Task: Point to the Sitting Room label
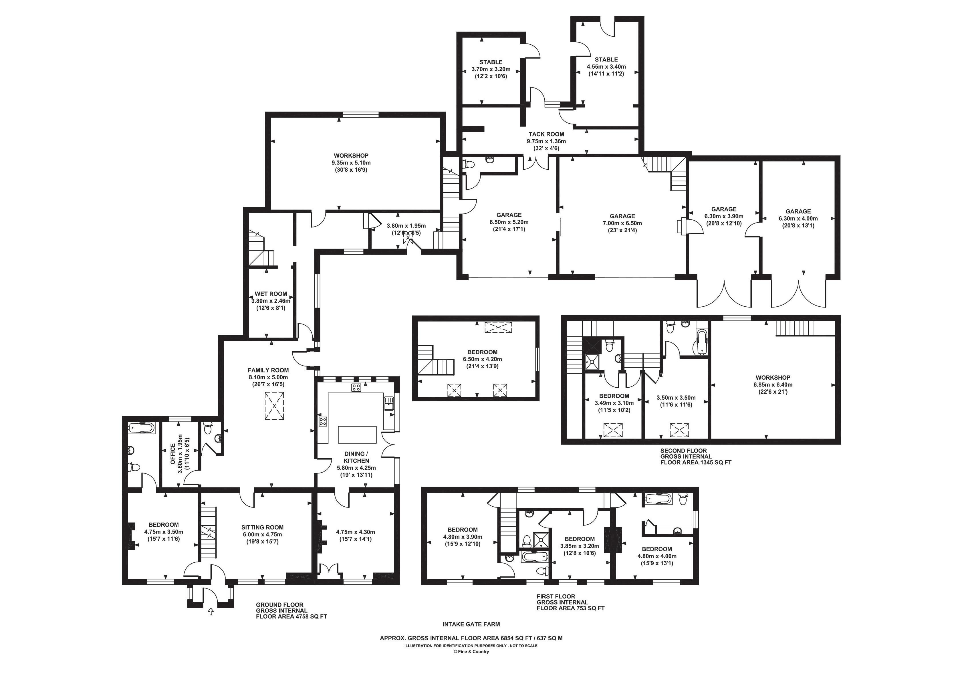[x=262, y=528]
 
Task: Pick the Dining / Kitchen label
[x=356, y=457]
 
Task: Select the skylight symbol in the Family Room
[x=274, y=406]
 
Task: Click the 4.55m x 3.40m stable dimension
[x=606, y=67]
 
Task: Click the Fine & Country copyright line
[x=471, y=652]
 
